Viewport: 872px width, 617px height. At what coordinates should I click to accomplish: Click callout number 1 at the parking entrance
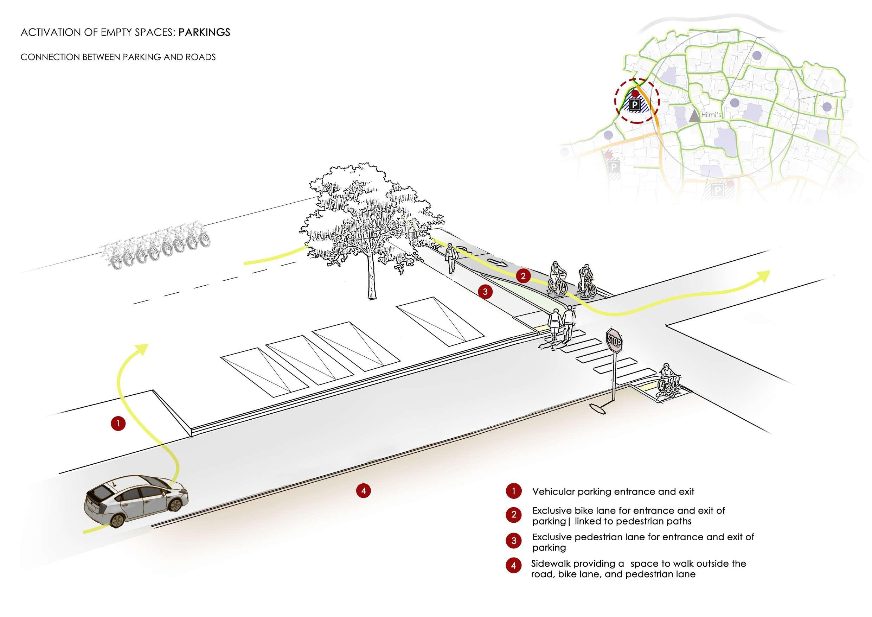pos(118,423)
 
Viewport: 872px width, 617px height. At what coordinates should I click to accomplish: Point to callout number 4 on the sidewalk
pos(363,491)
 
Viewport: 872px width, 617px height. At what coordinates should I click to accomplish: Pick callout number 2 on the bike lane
pos(523,276)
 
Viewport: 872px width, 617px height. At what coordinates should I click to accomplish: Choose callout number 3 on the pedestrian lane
pos(485,292)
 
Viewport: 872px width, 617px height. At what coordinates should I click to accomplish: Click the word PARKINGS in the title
pos(204,32)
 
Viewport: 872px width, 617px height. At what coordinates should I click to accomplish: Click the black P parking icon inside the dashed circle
pos(634,105)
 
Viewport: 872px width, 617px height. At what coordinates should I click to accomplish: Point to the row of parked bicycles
pos(156,247)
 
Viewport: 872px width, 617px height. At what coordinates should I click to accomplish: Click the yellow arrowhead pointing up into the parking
pos(143,347)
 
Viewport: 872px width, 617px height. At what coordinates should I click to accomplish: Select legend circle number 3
pos(513,541)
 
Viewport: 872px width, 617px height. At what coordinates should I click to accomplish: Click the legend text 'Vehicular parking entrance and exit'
pos(613,492)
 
